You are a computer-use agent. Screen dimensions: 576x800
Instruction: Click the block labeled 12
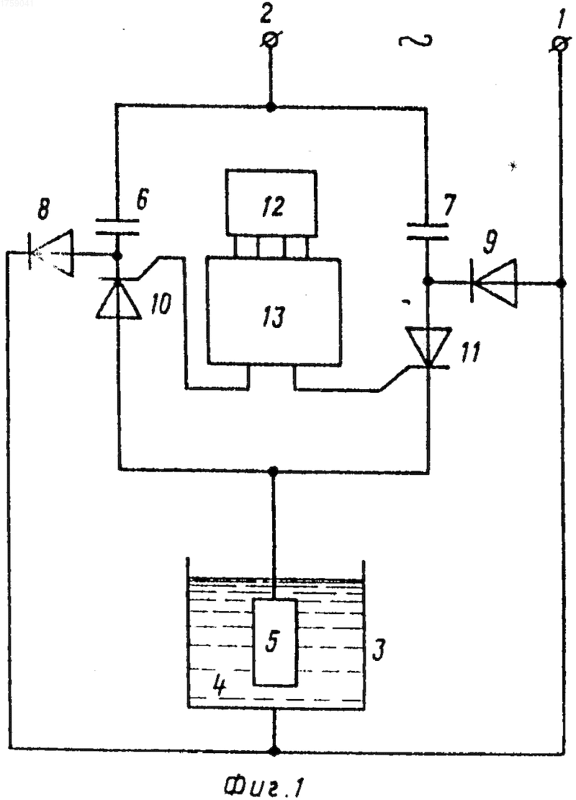(x=271, y=203)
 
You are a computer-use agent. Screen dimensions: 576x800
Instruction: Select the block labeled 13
(x=274, y=312)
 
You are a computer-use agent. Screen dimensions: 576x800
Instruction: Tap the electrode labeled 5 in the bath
(x=275, y=642)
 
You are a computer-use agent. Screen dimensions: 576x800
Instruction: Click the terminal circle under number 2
(x=271, y=40)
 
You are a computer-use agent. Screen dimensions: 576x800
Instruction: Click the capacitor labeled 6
(x=117, y=228)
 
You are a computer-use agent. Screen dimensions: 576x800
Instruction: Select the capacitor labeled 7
(x=427, y=231)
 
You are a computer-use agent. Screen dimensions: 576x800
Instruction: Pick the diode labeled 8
(x=51, y=252)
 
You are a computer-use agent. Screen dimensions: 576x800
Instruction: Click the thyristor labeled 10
(x=118, y=299)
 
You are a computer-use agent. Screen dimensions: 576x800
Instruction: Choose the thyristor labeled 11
(x=428, y=347)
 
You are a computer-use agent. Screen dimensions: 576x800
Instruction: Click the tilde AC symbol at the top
(x=415, y=41)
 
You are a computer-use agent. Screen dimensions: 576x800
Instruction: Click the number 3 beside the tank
(x=378, y=649)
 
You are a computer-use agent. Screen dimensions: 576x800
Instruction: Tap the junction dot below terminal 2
(x=271, y=107)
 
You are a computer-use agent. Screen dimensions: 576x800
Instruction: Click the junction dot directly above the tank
(x=273, y=470)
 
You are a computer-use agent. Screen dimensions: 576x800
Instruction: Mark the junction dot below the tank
(x=275, y=750)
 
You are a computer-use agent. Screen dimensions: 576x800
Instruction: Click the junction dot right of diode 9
(x=561, y=283)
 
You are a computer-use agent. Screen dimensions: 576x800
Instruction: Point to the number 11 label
(x=470, y=352)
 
